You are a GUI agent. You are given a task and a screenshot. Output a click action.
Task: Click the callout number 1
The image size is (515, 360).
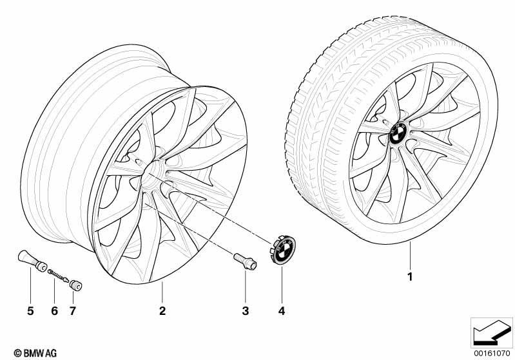coord(409,277)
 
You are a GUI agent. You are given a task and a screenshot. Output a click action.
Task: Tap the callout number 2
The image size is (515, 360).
coord(162,310)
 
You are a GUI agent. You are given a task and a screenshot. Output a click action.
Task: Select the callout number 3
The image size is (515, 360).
coord(246,310)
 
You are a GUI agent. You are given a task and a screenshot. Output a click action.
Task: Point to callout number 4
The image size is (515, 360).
coord(282,310)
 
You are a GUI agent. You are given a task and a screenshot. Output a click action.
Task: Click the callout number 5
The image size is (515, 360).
coord(30,310)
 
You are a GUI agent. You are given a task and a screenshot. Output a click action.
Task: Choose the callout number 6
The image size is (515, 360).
coord(55,310)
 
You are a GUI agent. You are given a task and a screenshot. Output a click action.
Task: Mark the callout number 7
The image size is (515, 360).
coord(73,310)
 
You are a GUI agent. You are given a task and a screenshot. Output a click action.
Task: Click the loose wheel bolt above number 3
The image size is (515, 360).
coord(246,261)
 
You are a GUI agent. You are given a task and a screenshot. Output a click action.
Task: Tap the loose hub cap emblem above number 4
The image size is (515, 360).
coord(283,250)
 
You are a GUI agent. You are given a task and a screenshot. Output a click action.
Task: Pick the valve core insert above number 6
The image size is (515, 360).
coord(58,276)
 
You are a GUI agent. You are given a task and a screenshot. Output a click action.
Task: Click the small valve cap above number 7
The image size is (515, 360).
coord(76,285)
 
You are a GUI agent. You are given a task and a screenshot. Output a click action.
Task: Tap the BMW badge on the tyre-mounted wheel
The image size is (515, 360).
coord(398,133)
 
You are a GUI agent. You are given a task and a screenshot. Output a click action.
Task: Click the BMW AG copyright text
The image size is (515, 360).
coord(35,353)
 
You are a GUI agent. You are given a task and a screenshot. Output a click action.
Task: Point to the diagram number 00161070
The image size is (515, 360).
coord(492,354)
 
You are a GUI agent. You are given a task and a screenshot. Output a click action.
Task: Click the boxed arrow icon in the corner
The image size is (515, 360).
coord(492,332)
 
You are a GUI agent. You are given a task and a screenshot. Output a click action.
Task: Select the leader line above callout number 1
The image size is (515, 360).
coord(410,255)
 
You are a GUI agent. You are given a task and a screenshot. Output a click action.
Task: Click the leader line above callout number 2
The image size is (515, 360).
coord(162,292)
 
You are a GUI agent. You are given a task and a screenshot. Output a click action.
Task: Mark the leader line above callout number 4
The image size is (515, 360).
coord(282,283)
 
